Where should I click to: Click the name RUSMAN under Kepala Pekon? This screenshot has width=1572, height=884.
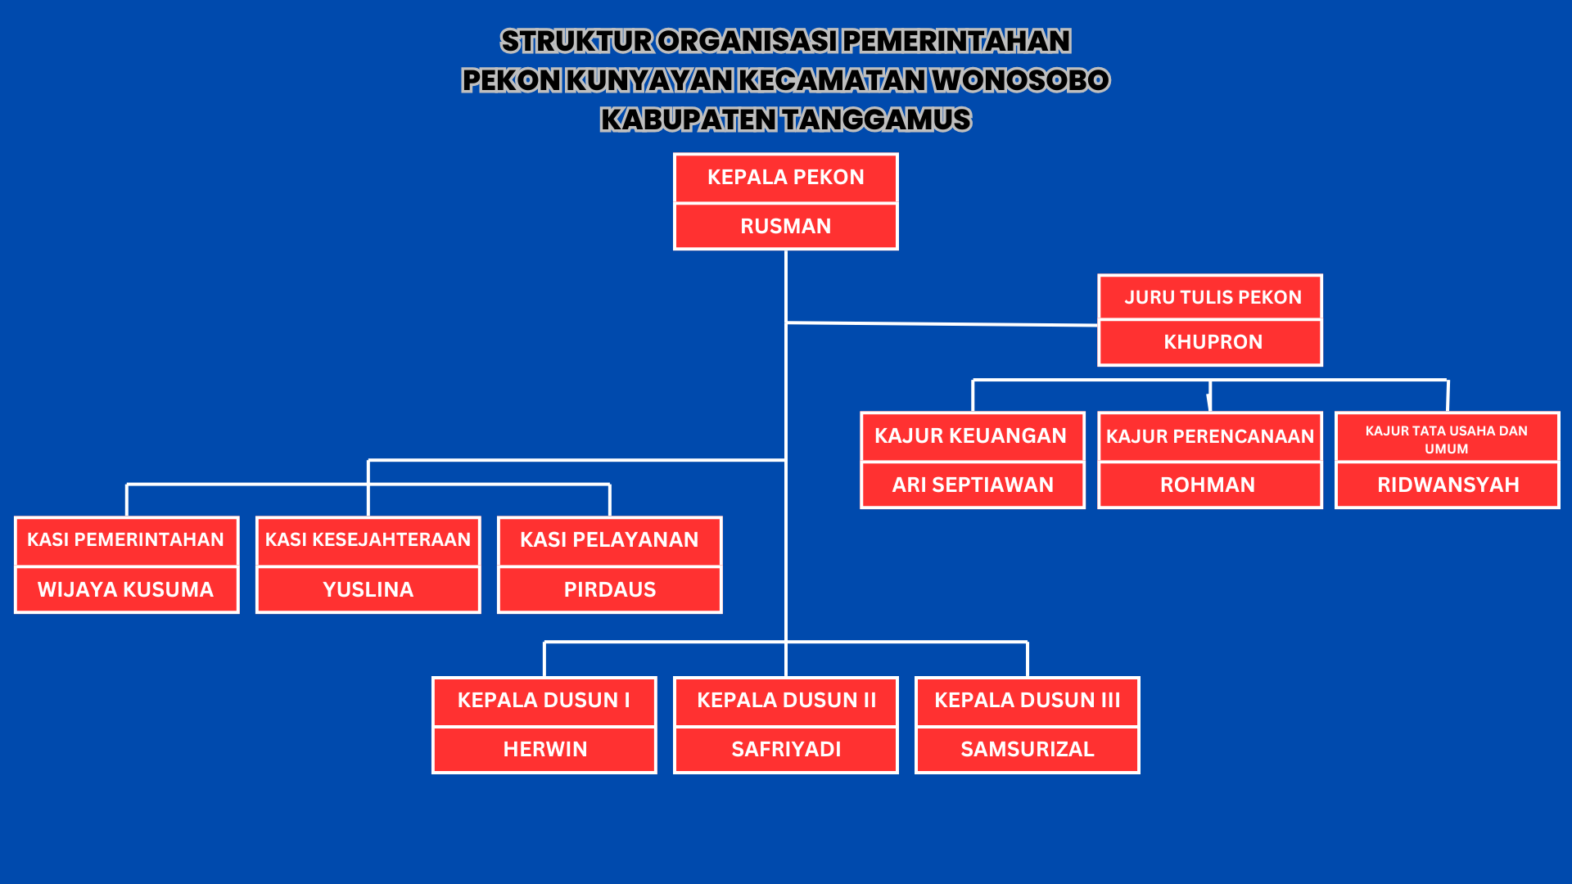[x=785, y=226]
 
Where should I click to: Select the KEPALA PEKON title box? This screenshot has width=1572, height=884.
[x=785, y=178]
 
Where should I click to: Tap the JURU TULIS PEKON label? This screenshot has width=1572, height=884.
[x=1213, y=297]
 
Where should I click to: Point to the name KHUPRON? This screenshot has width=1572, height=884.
[x=1213, y=342]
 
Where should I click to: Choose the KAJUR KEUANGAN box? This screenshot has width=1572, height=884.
[x=971, y=436]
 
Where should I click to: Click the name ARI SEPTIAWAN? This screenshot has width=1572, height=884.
[x=973, y=485]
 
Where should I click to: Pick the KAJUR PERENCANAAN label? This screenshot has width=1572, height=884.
[x=1209, y=436]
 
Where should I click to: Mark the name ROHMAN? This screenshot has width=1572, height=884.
[x=1208, y=485]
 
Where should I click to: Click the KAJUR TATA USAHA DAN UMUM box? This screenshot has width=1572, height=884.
[x=1447, y=440]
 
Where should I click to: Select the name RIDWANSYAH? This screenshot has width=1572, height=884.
[x=1448, y=485]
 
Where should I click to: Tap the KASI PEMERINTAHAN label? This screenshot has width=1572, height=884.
[x=125, y=540]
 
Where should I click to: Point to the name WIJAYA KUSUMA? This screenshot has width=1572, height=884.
[x=125, y=589]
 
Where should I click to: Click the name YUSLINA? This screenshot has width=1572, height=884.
[x=368, y=589]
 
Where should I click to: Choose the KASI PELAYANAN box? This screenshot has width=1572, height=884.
[x=609, y=540]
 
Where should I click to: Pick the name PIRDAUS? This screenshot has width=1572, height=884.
[x=609, y=589]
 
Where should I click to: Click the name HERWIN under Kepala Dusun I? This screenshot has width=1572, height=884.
[x=544, y=749]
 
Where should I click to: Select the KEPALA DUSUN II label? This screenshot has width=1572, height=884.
[x=786, y=701]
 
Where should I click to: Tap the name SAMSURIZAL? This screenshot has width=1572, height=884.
[x=1027, y=749]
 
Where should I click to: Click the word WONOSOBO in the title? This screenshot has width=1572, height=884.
[x=1020, y=80]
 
